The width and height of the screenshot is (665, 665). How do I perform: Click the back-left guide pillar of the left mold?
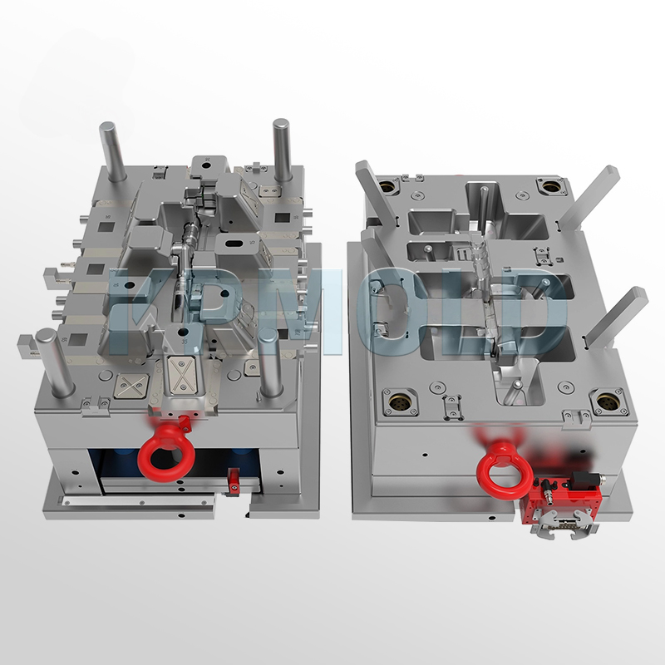click(x=111, y=150)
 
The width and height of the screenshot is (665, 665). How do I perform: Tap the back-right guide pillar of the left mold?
click(x=282, y=148)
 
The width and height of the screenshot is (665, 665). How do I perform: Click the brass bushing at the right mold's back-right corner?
click(x=549, y=185)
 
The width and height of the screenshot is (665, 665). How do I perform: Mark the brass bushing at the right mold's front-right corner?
click(x=604, y=402)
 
